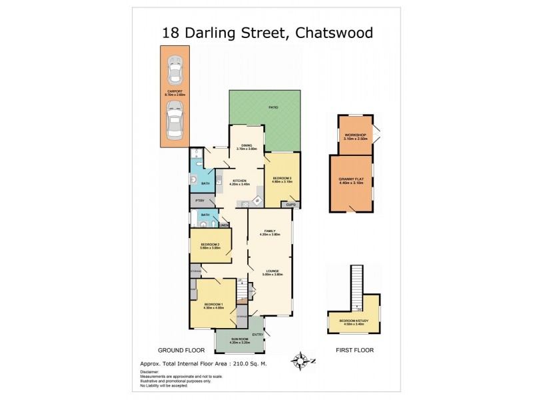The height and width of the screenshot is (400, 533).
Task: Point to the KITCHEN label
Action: (x=240, y=181)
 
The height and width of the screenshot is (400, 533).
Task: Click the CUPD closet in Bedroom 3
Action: (x=290, y=205)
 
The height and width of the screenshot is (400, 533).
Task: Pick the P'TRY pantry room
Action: (x=199, y=201)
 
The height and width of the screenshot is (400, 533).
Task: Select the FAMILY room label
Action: (x=269, y=231)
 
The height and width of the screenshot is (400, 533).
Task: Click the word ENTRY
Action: (x=257, y=335)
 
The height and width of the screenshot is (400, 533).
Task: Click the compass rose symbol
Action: (x=302, y=361)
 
